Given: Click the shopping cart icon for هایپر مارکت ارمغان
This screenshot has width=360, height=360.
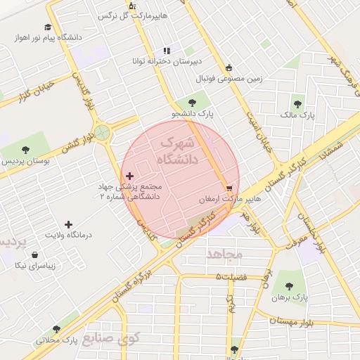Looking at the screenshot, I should [x=229, y=188].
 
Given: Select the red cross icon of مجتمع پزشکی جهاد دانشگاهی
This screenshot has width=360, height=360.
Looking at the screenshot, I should [x=129, y=175].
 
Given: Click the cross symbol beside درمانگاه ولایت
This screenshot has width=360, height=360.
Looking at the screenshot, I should [x=68, y=224].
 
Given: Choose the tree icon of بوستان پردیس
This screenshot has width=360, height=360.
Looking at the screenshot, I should [x=25, y=150].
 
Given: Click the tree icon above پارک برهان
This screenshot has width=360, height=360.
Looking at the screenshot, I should [x=289, y=285].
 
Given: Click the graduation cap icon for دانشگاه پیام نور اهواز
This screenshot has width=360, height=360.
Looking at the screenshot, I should [x=47, y=27].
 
